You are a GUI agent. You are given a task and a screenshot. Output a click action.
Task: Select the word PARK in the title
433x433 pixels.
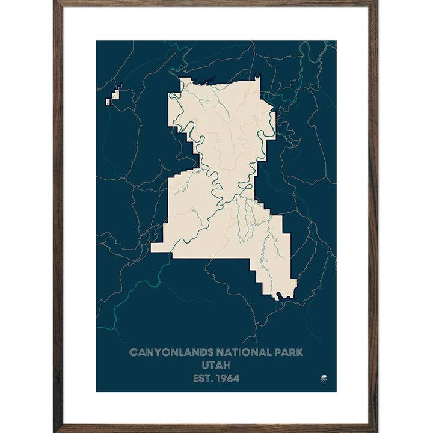289,352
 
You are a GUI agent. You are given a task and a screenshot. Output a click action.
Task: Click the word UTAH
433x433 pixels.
216,366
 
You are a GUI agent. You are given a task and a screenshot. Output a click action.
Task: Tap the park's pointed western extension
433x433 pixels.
158,247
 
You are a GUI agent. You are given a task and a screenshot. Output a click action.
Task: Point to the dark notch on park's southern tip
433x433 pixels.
278,295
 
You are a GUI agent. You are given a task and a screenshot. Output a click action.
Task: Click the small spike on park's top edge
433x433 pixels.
258,77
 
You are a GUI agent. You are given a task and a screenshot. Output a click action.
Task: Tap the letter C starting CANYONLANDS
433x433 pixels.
133,352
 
